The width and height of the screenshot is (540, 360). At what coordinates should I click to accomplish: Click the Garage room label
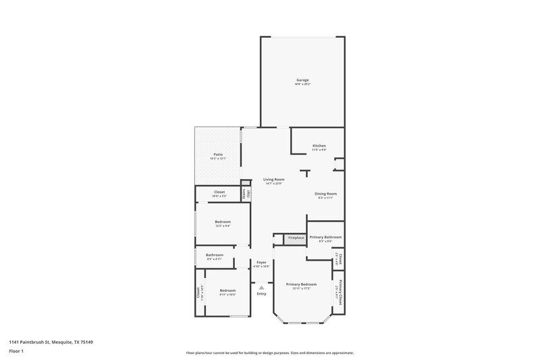[x=302, y=80]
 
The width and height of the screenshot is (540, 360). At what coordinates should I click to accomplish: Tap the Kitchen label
[x=319, y=147]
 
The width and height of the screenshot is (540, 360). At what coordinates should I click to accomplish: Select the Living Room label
[x=273, y=180]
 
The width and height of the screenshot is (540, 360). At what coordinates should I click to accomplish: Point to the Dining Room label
[x=325, y=194]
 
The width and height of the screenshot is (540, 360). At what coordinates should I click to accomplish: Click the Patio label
[x=218, y=155]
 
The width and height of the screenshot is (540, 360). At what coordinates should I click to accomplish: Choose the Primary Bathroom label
[x=325, y=238]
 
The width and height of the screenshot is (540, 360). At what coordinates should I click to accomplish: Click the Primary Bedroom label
[x=300, y=284]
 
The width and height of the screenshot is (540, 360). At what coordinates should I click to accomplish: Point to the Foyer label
[x=261, y=262]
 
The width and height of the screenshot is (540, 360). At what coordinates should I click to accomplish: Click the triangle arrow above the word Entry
[x=261, y=287]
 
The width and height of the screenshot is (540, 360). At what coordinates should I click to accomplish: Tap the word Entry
[x=261, y=293]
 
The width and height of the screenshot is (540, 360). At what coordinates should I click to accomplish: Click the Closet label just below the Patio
[x=219, y=192]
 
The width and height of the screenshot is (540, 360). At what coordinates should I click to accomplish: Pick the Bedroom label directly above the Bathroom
[x=223, y=222]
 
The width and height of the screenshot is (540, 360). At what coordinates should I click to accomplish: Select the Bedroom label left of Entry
[x=227, y=291]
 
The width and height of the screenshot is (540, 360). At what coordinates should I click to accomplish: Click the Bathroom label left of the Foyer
[x=215, y=255]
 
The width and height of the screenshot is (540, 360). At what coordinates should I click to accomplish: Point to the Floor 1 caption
[x=15, y=352]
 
